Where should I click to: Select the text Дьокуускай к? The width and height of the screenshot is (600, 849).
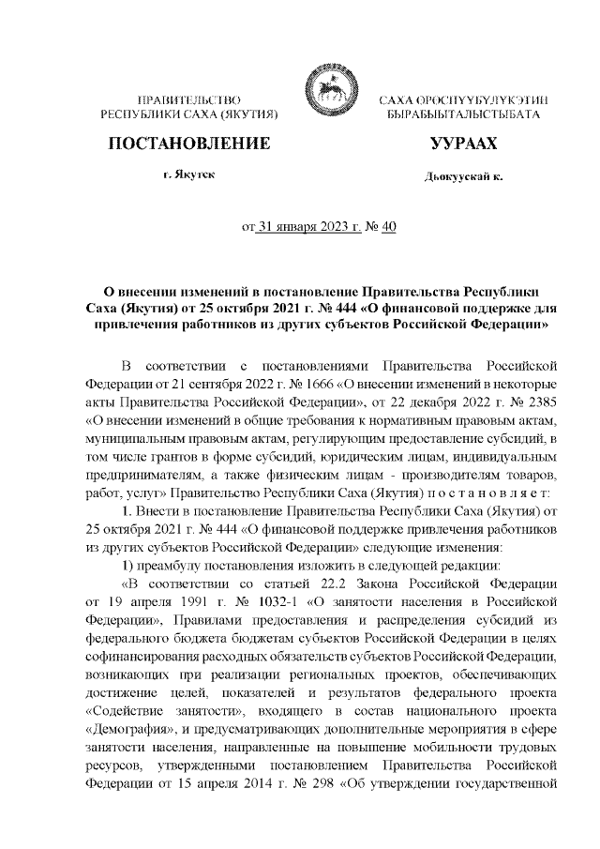tap(463, 177)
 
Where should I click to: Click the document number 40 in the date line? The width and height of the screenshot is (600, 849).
tap(389, 226)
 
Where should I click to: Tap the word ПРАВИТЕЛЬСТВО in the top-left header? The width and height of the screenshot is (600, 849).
tap(189, 99)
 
